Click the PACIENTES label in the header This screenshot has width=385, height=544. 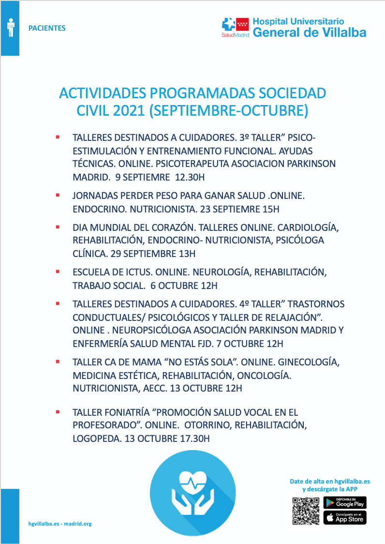coord(47,28)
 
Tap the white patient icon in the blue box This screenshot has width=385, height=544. coord(10,28)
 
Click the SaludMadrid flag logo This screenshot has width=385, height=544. coord(235,26)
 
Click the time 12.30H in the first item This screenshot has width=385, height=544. coord(190,177)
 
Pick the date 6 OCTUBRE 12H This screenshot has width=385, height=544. coord(184,286)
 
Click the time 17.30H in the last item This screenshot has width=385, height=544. coord(193,439)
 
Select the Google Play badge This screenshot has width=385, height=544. coord(345,502)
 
